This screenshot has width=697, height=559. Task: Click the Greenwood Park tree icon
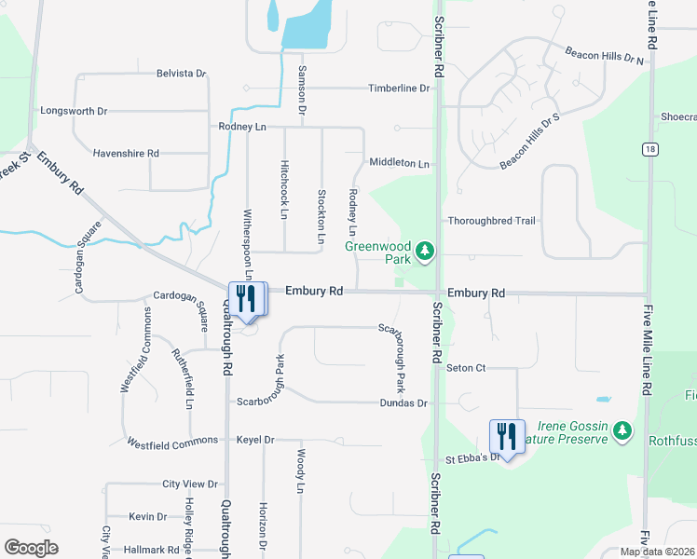[x=425, y=251]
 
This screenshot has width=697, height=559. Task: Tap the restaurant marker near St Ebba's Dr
[x=507, y=436]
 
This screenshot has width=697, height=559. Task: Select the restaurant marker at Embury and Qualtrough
[x=247, y=299]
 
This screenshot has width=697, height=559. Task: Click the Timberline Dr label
[x=398, y=89]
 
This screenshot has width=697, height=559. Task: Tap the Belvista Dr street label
[x=181, y=73]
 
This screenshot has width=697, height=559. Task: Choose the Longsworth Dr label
[x=74, y=111]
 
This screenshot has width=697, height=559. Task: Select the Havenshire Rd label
[x=126, y=153]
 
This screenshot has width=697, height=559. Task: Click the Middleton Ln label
[x=399, y=163]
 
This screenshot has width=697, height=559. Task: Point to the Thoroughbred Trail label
[x=492, y=221]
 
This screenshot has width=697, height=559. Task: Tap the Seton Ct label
[x=466, y=368]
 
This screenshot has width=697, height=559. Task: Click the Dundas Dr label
[x=403, y=403]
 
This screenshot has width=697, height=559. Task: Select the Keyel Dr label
[x=255, y=440]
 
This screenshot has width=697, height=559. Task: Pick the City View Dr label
[x=189, y=484]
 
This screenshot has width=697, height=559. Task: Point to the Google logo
[x=31, y=548]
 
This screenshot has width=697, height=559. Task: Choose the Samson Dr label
[x=302, y=89]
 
